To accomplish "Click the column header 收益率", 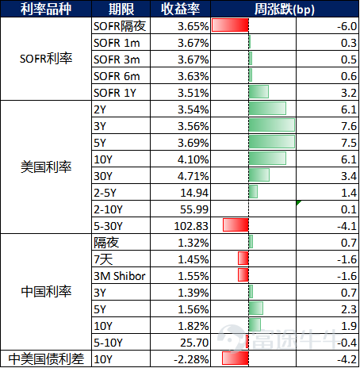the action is click(181, 9).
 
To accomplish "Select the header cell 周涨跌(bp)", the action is click(285, 10).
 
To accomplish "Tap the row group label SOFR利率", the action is click(46, 59).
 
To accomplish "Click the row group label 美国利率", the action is click(46, 167).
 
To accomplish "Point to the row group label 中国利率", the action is click(46, 292).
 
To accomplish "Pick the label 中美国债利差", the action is click(46, 359).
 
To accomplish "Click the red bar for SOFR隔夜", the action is click(230, 25).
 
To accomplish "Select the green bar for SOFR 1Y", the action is click(259, 92).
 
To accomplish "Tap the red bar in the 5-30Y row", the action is click(236, 225).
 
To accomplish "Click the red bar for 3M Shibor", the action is click(243, 275).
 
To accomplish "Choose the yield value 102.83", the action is click(191, 226).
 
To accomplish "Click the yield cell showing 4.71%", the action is click(193, 176).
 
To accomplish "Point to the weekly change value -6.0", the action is click(347, 26).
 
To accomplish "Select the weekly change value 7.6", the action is click(349, 126).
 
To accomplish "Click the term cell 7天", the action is click(103, 259).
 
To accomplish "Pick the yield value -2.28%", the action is click(191, 359).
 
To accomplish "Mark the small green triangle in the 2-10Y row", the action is click(298, 202).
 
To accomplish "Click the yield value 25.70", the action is click(194, 343).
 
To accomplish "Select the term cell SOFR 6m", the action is click(117, 76).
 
